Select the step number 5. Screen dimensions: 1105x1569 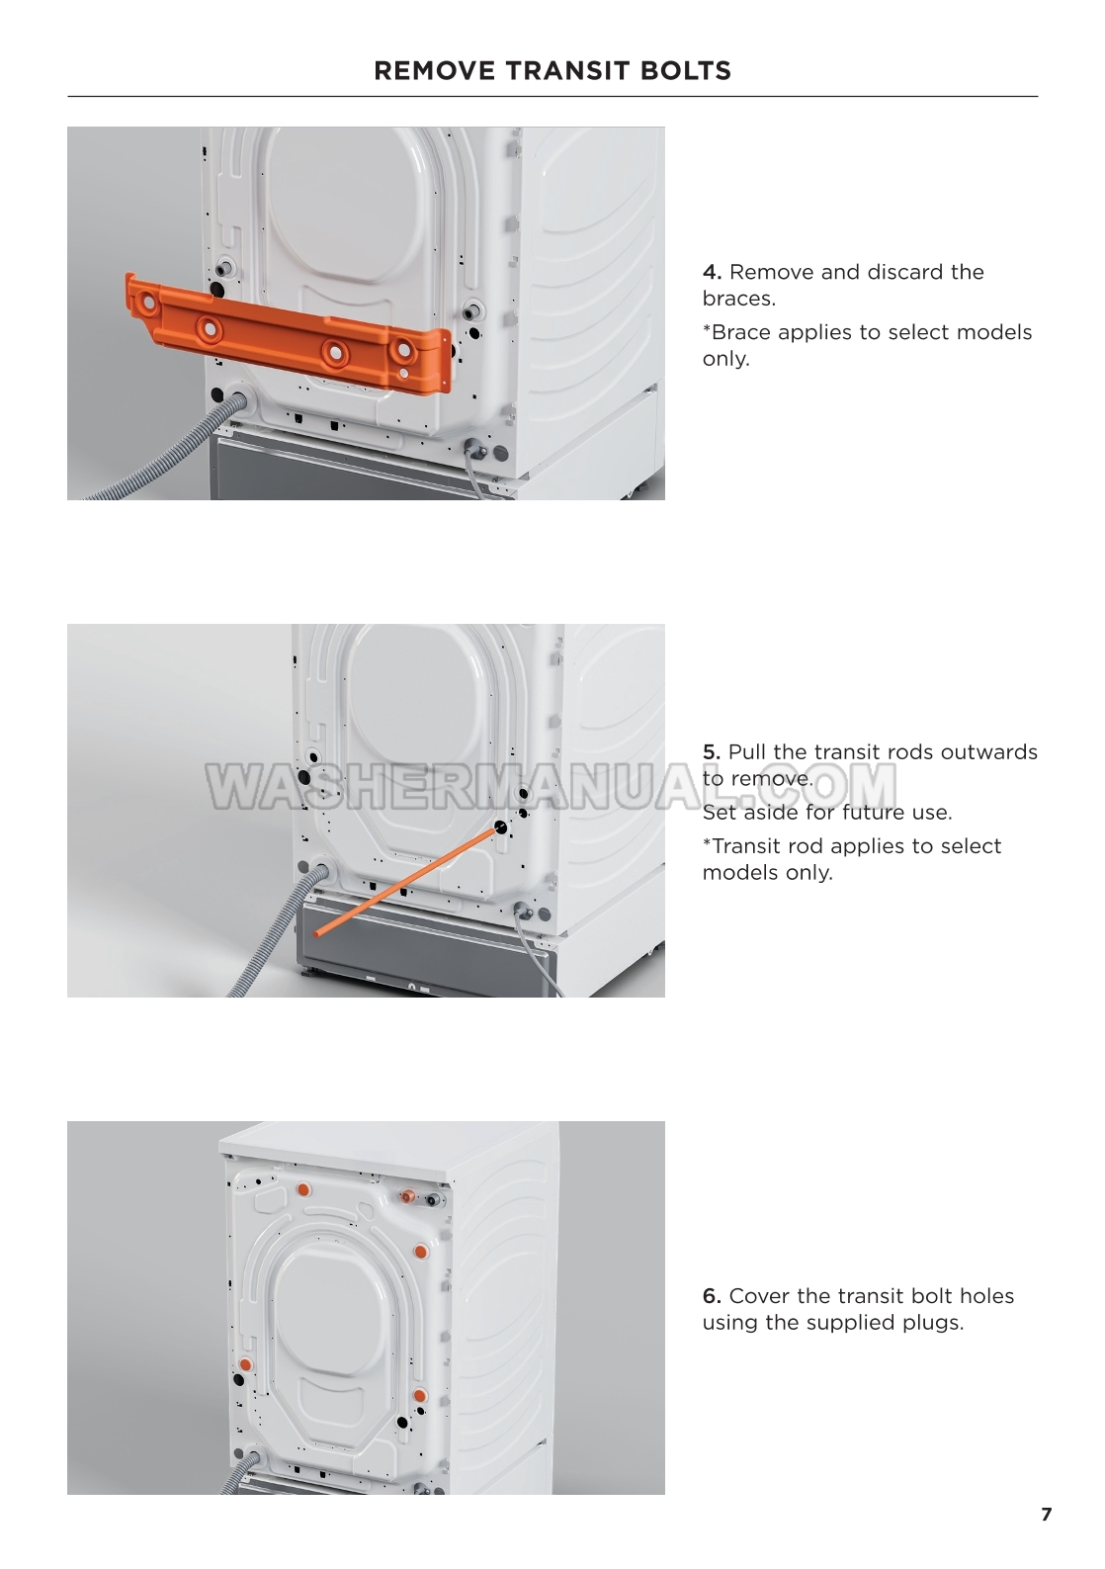[x=712, y=752]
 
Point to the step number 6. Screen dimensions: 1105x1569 [x=712, y=1296]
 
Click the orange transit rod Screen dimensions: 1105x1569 [x=407, y=881]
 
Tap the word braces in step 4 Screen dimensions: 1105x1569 [x=738, y=300]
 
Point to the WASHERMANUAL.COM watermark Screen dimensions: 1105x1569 [x=552, y=785]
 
